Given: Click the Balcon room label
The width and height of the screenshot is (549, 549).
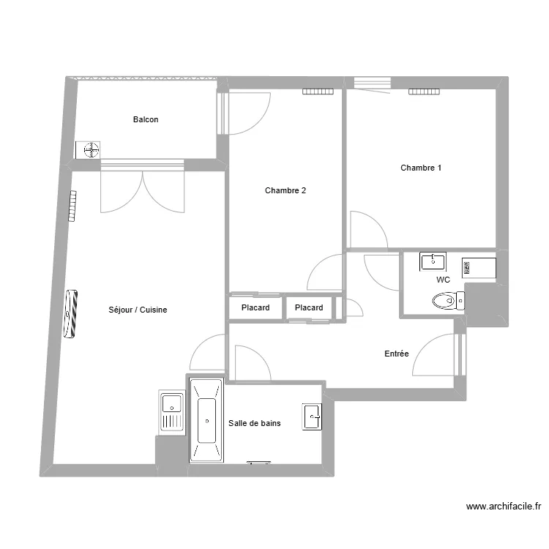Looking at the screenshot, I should pos(145,120).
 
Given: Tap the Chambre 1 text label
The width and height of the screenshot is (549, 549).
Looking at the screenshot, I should pos(421,168).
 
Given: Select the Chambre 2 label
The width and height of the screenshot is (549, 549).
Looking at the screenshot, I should pos(285,191).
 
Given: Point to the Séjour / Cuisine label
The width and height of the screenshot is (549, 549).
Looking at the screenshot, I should pos(137,310).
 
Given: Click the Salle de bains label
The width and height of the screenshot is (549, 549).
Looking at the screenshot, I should pos(255,424).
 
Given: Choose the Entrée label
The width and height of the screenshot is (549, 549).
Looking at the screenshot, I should pos(397,354).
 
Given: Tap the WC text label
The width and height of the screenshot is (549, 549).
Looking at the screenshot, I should pos(443,280).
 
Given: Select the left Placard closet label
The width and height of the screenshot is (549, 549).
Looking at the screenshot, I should pos(255,308).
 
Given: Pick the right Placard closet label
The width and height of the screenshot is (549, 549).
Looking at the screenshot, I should pos(309,308).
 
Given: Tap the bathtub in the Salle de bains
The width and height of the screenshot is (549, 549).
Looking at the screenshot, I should pos(206,421).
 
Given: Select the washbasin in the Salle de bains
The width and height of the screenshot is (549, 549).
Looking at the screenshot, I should pos(313,417).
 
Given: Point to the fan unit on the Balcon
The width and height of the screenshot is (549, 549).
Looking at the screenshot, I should pos(91,150).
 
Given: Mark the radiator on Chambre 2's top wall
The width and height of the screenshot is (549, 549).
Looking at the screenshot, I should pos(318,91).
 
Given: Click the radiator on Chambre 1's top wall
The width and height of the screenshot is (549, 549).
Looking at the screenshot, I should pos(424,91).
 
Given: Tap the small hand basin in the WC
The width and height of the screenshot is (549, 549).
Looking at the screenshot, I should pos(433,261).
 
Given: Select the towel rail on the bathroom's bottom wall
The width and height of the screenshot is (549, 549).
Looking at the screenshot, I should pos(259,463).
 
